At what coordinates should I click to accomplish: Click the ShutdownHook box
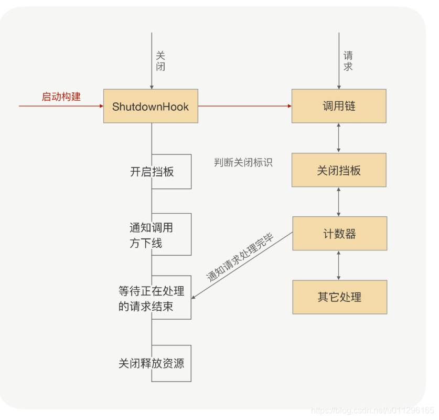[151, 106]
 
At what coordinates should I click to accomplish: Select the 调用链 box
[339, 106]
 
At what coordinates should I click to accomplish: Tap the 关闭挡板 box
[339, 170]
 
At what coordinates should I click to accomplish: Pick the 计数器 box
[339, 234]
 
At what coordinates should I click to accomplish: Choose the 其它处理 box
[339, 297]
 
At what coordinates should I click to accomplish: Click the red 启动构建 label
[61, 97]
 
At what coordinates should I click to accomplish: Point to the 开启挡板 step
[152, 172]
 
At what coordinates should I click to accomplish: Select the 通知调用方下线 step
[151, 235]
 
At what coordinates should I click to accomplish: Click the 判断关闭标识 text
[243, 162]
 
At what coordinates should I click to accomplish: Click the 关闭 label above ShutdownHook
[160, 61]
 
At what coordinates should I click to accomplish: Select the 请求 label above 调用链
[348, 61]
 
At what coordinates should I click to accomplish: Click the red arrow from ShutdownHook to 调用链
[244, 106]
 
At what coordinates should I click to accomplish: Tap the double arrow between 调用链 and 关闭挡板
[339, 138]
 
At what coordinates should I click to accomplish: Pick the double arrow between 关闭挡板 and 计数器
[339, 202]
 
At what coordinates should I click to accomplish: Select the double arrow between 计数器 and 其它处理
[339, 265]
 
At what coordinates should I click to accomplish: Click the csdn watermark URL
[372, 410]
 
